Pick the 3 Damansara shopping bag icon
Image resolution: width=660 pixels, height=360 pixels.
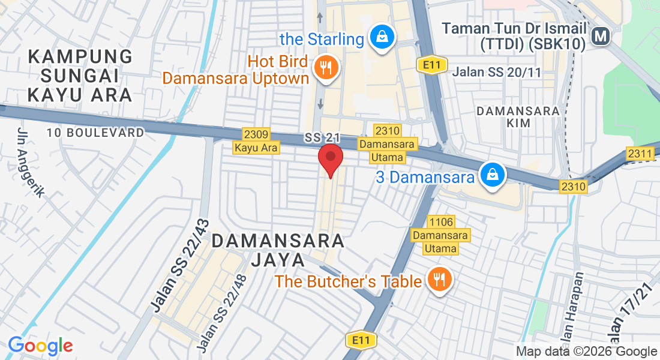point(492,176)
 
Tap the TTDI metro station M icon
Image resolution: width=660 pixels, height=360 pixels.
point(600,37)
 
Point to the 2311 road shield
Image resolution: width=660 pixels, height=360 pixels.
point(640,154)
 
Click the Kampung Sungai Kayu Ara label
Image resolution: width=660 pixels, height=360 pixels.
point(80,76)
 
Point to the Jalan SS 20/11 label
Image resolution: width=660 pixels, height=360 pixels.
point(497,72)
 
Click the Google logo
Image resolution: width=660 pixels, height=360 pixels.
point(41,346)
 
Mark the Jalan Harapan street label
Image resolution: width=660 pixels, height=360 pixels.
point(571,312)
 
